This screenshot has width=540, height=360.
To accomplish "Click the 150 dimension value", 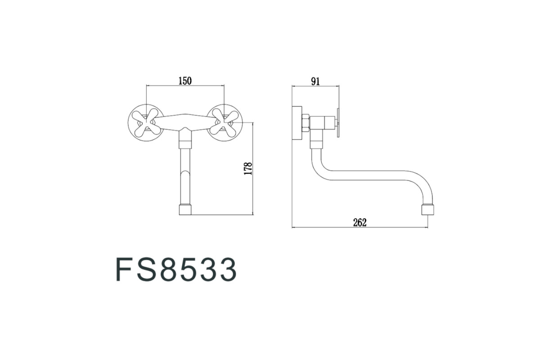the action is [x=185, y=81].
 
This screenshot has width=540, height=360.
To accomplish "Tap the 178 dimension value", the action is [x=248, y=169].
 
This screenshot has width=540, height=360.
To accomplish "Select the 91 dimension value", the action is [x=315, y=81].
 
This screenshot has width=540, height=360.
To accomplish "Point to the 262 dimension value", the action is [x=360, y=223].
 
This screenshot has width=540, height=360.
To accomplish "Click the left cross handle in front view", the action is [x=146, y=122].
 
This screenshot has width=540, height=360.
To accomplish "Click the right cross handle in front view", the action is [x=224, y=122].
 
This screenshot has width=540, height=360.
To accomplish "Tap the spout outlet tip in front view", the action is [x=185, y=210].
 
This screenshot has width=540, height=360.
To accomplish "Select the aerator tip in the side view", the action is [x=427, y=210].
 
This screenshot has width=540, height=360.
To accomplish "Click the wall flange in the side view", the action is [x=297, y=123].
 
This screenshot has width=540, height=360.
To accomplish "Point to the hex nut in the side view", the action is [x=306, y=123].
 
